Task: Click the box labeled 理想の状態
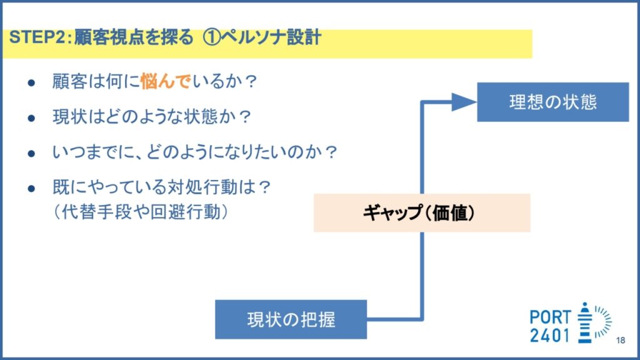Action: [552, 102]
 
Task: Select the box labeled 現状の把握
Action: [291, 319]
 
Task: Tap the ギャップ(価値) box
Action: [422, 212]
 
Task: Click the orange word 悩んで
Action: [165, 81]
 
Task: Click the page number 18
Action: [621, 340]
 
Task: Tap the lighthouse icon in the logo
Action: [585, 322]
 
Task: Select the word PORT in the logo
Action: [550, 317]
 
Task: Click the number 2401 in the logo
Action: [550, 336]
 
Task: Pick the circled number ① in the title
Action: [212, 37]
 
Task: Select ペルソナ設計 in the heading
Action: [271, 37]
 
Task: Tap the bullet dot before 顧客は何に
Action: [31, 83]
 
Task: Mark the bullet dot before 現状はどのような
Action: [31, 118]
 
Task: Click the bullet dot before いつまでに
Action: [31, 154]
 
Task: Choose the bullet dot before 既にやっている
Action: [31, 189]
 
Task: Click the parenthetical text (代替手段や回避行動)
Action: [141, 212]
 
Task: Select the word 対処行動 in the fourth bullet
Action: [203, 187]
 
